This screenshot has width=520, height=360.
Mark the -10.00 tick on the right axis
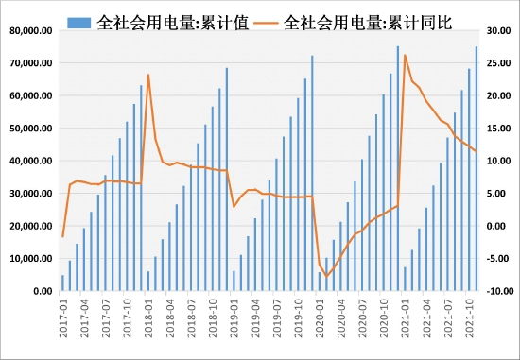[494, 291]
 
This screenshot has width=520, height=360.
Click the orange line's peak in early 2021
[405, 56]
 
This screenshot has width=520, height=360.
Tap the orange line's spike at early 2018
[148, 75]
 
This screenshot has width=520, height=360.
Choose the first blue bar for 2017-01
[62, 283]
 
